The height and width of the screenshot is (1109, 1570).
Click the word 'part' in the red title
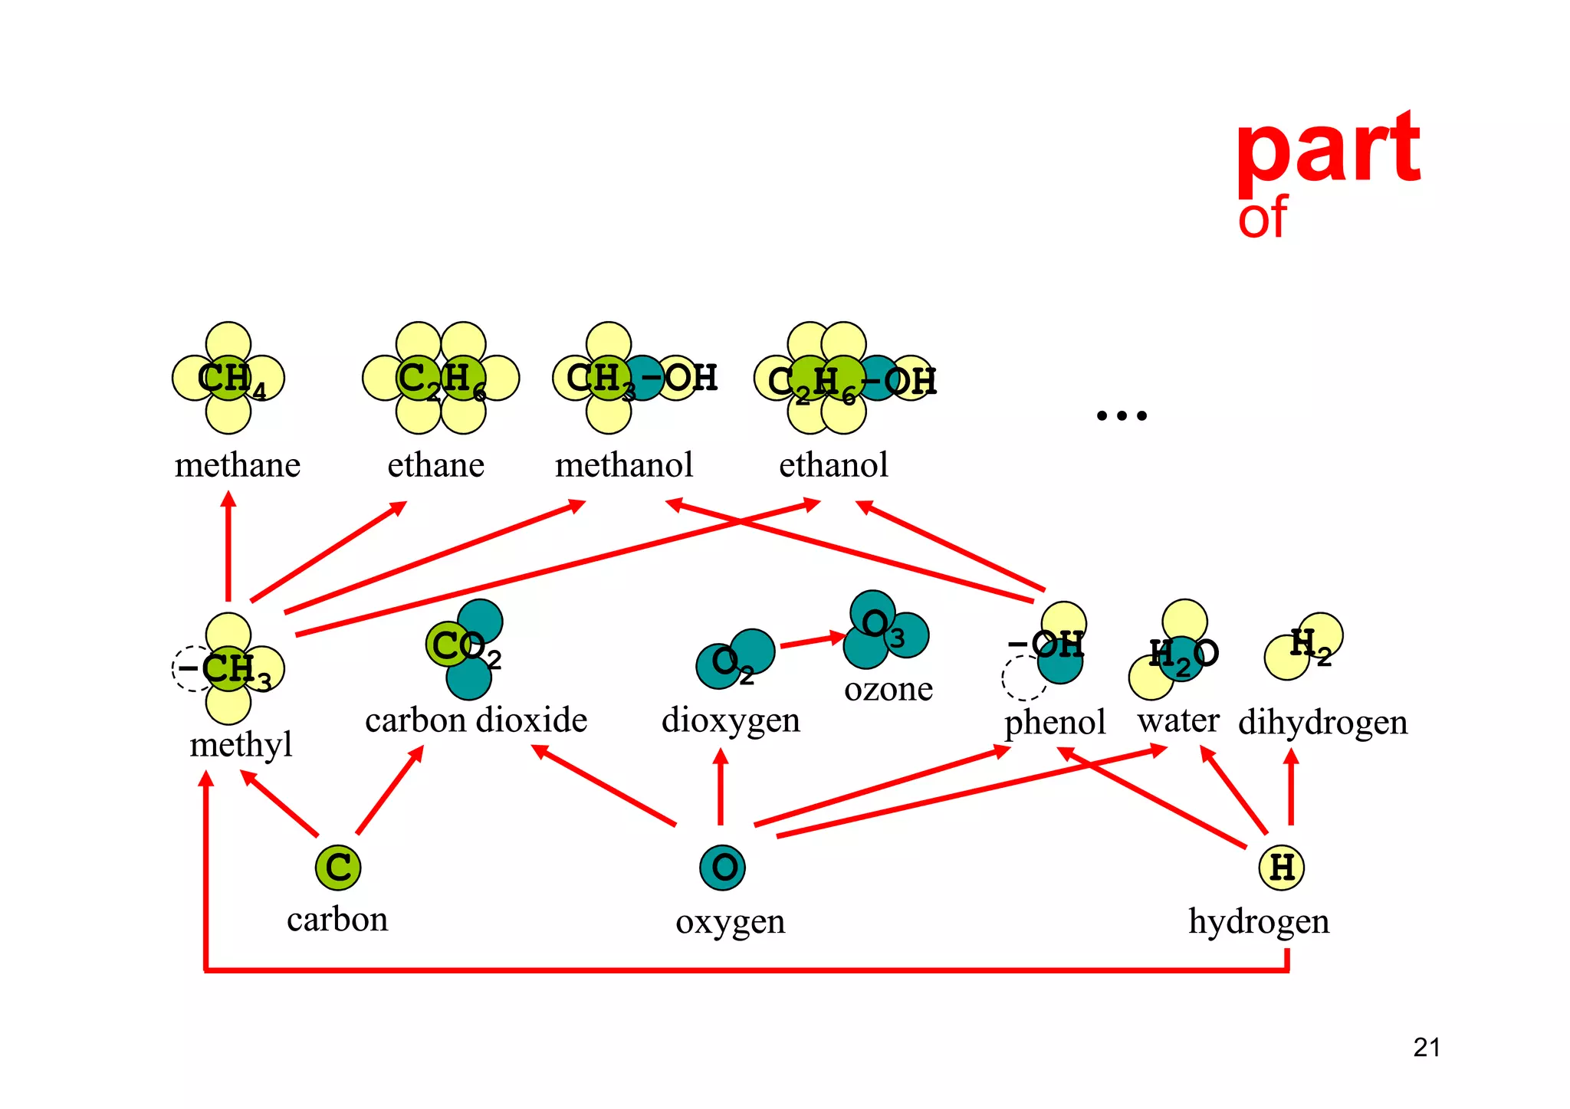click(x=1328, y=149)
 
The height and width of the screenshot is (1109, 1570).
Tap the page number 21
click(x=1427, y=1047)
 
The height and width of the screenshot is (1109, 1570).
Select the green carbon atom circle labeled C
click(x=338, y=868)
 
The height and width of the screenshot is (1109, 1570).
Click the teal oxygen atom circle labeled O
click(x=722, y=868)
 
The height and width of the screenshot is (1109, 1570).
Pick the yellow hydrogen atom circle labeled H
click(x=1281, y=868)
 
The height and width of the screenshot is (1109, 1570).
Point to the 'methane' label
click(x=238, y=465)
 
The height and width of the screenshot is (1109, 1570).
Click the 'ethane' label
click(x=435, y=465)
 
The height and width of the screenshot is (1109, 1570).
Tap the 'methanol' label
click(x=624, y=465)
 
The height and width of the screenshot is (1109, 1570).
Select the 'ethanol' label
click(x=833, y=465)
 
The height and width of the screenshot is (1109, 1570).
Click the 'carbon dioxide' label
click(x=476, y=720)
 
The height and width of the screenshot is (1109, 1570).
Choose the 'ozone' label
click(x=888, y=689)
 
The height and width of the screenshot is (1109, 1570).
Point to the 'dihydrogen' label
click(x=1322, y=722)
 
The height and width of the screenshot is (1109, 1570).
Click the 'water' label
click(x=1178, y=720)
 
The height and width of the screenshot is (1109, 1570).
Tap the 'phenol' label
click(x=1055, y=722)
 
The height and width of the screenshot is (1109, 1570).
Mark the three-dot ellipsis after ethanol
click(x=1122, y=415)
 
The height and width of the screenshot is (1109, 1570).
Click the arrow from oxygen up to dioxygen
click(x=720, y=786)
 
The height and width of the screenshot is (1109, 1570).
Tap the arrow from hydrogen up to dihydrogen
click(x=1291, y=786)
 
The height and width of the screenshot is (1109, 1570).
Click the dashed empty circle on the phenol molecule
click(x=1024, y=678)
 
